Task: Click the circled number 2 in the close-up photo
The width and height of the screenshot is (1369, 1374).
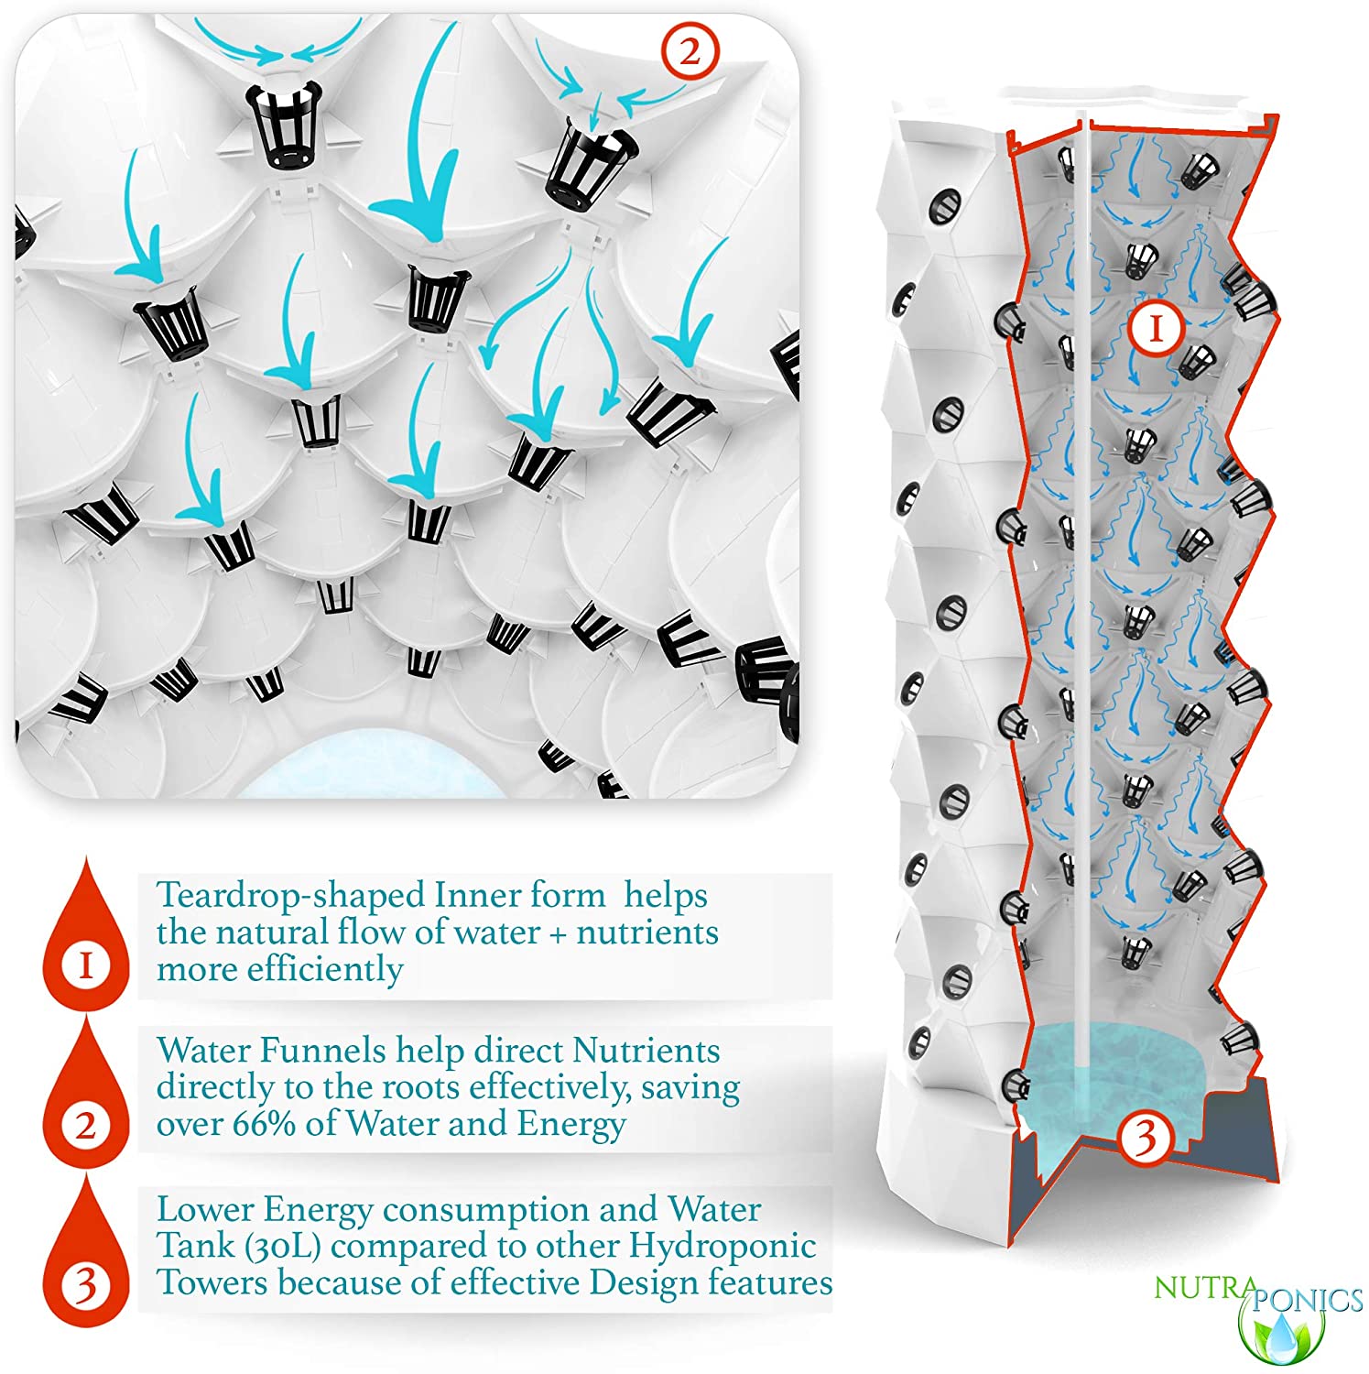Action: click(x=690, y=50)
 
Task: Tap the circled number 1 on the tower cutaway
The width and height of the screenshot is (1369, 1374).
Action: click(x=1156, y=328)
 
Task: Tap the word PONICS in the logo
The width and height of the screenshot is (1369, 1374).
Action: click(x=1308, y=1299)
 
